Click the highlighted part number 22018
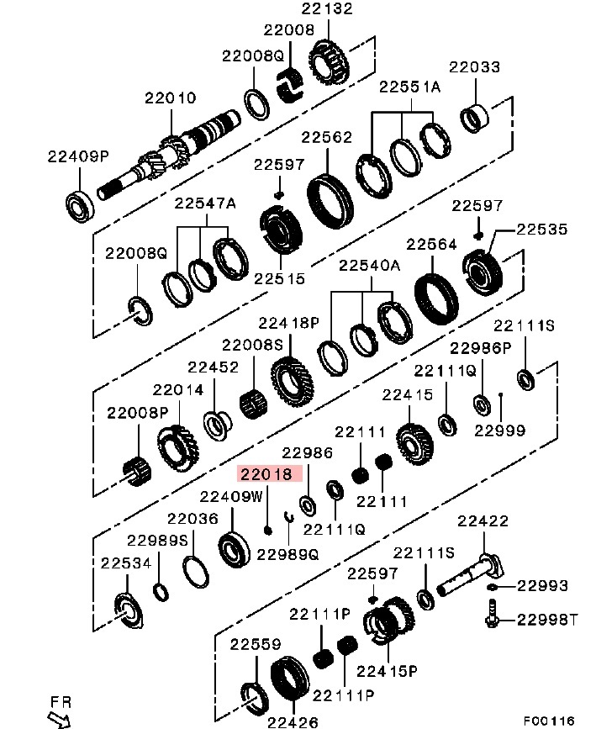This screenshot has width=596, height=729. click(x=266, y=474)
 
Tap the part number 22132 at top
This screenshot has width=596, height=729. click(x=327, y=8)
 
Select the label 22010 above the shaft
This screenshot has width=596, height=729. click(x=170, y=98)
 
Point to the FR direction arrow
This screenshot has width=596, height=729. click(x=59, y=718)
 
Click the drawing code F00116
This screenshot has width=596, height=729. click(x=549, y=721)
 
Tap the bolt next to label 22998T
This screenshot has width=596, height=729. click(x=492, y=613)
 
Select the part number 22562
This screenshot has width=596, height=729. click(x=326, y=137)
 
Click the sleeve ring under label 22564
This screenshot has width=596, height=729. click(x=435, y=300)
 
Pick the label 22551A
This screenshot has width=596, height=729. click(x=409, y=87)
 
